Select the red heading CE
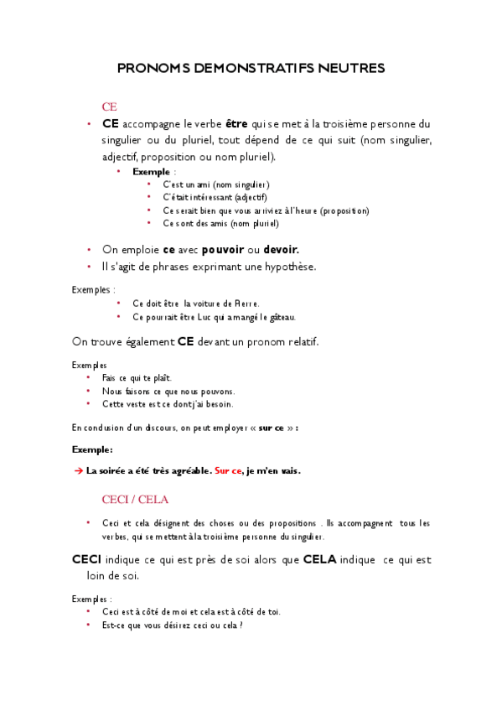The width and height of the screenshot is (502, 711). (109, 106)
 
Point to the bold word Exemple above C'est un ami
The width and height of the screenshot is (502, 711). (151, 171)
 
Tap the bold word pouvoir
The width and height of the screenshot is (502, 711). (223, 250)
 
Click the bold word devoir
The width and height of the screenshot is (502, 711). (281, 250)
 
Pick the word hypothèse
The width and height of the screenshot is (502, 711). (287, 267)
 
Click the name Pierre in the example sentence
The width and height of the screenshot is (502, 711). (247, 304)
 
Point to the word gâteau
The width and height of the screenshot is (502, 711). (282, 317)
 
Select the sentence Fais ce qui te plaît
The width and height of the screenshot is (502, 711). (137, 378)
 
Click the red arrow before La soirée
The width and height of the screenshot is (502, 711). (79, 471)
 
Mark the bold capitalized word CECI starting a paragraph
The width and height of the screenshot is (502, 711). (87, 559)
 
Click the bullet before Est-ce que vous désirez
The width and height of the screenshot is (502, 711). (88, 625)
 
